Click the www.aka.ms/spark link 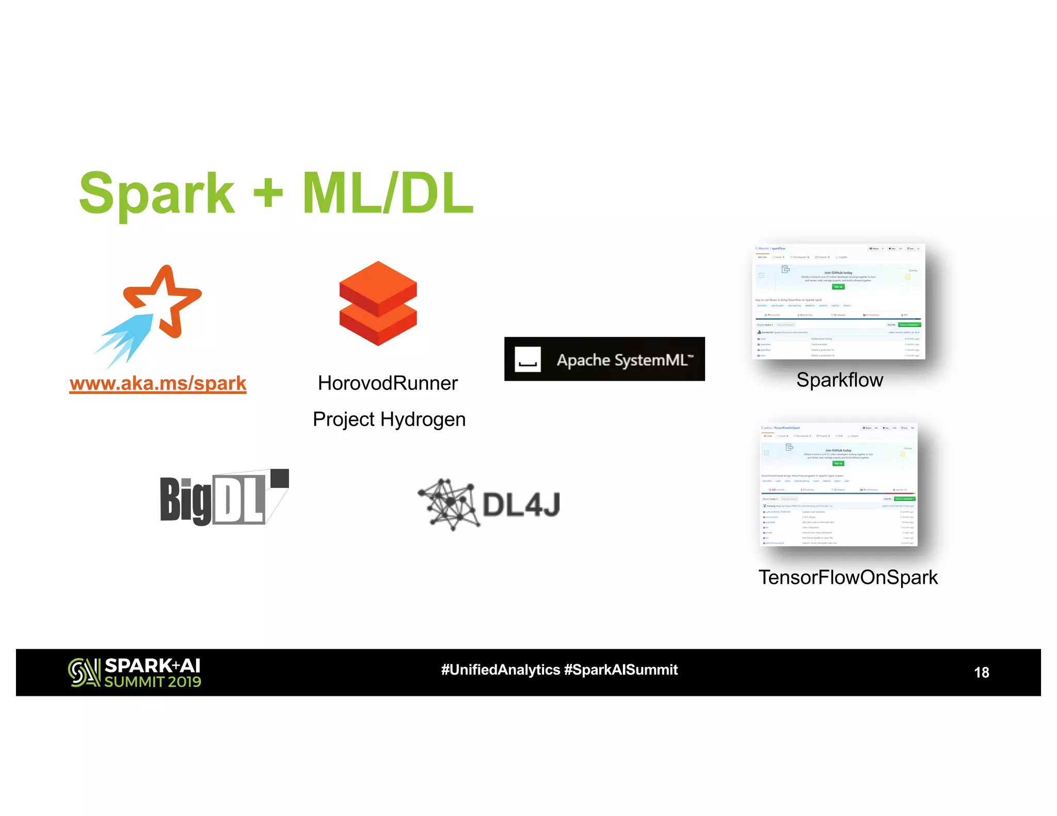pos(158,383)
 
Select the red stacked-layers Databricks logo pos(378,303)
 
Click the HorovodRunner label pos(388,383)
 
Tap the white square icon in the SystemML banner pos(527,360)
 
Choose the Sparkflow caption pos(839,380)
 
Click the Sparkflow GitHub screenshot pos(838,302)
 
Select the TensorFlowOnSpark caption pos(847,577)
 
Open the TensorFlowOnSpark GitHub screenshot pos(838,485)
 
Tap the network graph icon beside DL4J pos(448,504)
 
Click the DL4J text pos(521,504)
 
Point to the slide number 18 pos(981,672)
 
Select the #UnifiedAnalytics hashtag pos(500,670)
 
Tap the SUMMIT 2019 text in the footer pos(153,682)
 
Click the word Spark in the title pos(157,194)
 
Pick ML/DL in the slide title pos(388,193)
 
